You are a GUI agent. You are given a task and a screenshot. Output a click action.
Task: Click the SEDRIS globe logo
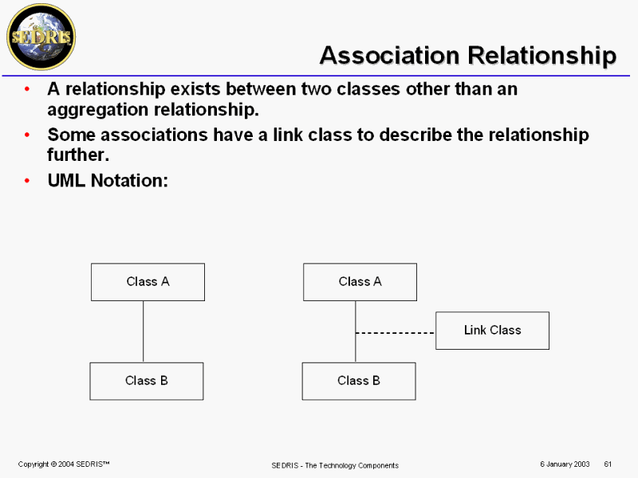pyautogui.click(x=41, y=36)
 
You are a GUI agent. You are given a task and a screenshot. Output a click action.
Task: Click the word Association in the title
pyautogui.click(x=389, y=56)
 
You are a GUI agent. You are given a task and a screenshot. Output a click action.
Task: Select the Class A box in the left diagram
pyautogui.click(x=148, y=282)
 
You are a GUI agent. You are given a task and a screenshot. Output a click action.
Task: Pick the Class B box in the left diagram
pyautogui.click(x=147, y=381)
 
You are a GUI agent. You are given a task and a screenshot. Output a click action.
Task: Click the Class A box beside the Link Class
pyautogui.click(x=360, y=282)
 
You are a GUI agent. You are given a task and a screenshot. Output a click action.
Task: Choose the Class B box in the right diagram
pyautogui.click(x=359, y=381)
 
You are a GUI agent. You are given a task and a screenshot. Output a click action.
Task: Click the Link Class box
pyautogui.click(x=492, y=330)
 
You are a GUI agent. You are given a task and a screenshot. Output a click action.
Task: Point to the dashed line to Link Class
pyautogui.click(x=396, y=332)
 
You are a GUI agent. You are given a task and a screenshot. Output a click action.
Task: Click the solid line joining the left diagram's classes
pyautogui.click(x=144, y=331)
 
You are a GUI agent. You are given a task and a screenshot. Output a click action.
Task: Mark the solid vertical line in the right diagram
pyautogui.click(x=356, y=351)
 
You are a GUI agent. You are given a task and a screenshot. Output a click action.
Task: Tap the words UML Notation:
pyautogui.click(x=108, y=181)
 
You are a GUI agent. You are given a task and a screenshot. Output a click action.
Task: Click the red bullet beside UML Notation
pyautogui.click(x=28, y=181)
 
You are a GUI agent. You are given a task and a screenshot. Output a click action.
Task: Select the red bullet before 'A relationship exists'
pyautogui.click(x=28, y=89)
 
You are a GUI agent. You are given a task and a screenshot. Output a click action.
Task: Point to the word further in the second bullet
pyautogui.click(x=78, y=155)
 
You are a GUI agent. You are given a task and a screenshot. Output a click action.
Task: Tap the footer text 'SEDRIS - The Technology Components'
pyautogui.click(x=335, y=465)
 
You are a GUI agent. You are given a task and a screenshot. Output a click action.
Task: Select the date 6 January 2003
pyautogui.click(x=565, y=464)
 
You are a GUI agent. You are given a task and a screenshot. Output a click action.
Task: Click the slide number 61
pyautogui.click(x=608, y=464)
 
